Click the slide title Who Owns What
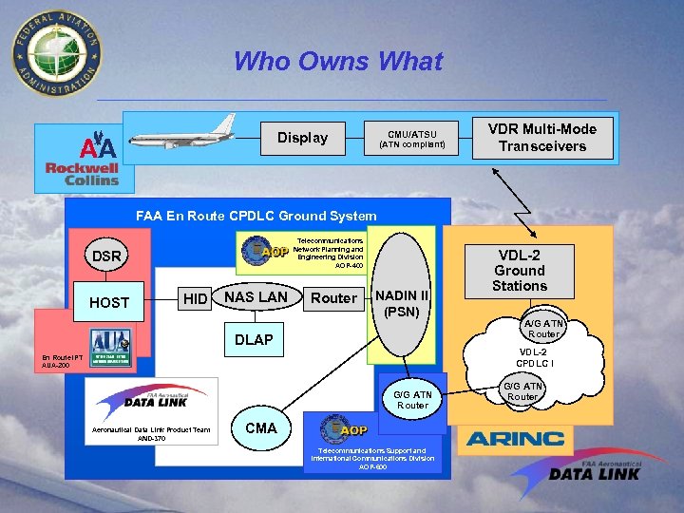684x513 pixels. [337, 62]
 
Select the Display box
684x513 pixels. [302, 138]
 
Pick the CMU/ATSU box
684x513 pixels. [411, 139]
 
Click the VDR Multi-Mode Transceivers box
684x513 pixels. [542, 138]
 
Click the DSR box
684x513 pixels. [106, 256]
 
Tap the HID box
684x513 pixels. [195, 300]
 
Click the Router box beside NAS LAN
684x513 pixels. [334, 298]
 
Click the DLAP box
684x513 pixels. [254, 339]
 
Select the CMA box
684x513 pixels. [260, 427]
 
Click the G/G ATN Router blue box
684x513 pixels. [412, 400]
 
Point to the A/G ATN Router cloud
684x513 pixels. [542, 328]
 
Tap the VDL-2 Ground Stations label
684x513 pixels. [520, 270]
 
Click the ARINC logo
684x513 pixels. [514, 438]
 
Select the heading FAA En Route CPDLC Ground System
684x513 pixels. [256, 216]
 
